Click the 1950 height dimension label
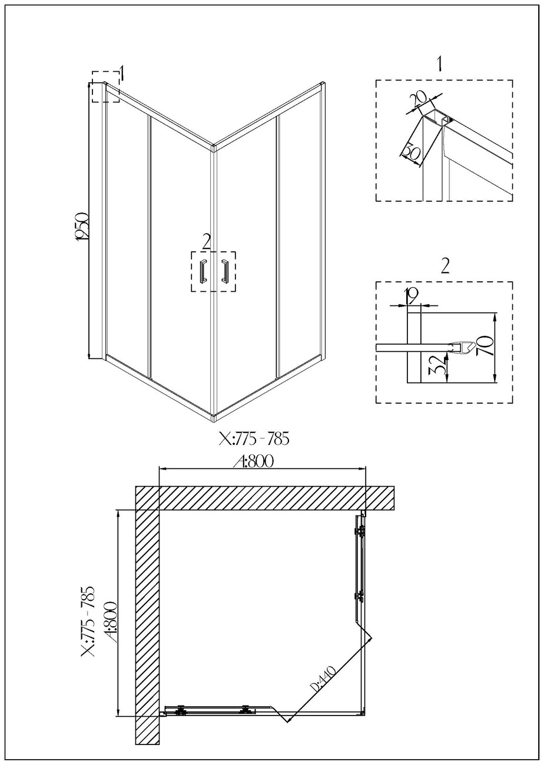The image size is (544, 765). coord(83,227)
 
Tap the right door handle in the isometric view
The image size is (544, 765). coord(224,271)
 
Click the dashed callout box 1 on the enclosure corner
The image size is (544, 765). coord(105,87)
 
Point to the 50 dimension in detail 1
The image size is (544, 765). coord(412,154)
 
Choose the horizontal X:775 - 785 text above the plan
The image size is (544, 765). coord(254,439)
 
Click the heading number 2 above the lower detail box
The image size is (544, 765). coord(445,267)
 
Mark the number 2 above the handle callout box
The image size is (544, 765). coord(206,241)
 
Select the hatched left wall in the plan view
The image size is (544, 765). coord(148,618)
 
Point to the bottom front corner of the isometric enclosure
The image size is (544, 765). coord(214,419)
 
